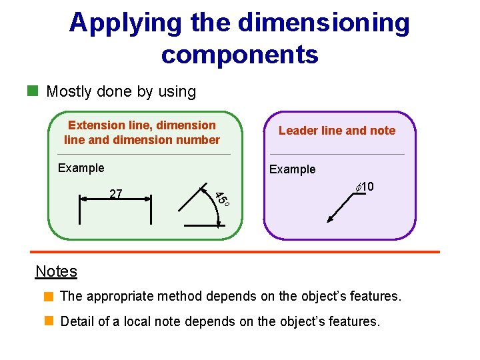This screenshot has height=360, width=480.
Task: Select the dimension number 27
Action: (x=115, y=194)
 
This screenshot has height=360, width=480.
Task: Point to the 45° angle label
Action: (x=222, y=198)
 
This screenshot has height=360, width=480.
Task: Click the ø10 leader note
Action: (x=364, y=187)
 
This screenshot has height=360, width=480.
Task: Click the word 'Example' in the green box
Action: (x=81, y=168)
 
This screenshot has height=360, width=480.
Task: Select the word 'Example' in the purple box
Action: (x=292, y=169)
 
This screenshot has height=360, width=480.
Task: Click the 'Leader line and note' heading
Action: (x=337, y=131)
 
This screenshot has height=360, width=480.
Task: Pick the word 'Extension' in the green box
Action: (x=96, y=125)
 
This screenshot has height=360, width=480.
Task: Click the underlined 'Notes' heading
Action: (x=56, y=271)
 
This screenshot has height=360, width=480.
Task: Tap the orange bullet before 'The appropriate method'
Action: (x=48, y=295)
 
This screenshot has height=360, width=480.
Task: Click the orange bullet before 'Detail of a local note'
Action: (x=48, y=321)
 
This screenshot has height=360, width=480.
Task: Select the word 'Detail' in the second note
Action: (x=77, y=321)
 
